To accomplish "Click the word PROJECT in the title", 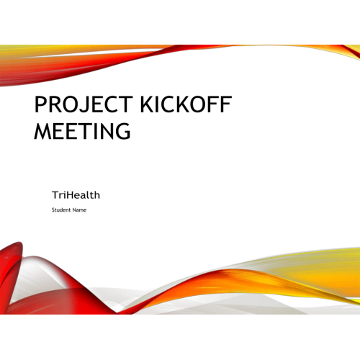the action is [x=84, y=104].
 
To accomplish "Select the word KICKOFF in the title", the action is [x=186, y=104].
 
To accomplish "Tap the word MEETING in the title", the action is [x=82, y=130].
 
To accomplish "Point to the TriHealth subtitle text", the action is [x=76, y=195].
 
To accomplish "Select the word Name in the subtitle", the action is [x=79, y=210].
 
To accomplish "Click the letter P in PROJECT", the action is [x=40, y=104].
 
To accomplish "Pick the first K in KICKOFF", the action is [x=147, y=104].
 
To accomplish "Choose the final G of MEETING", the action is [x=123, y=131].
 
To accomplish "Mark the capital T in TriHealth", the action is [x=55, y=195].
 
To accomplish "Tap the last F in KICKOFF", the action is [x=226, y=104].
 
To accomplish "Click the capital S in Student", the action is [x=53, y=210].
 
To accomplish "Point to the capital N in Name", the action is [x=74, y=210].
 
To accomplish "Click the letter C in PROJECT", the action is [x=112, y=104].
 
